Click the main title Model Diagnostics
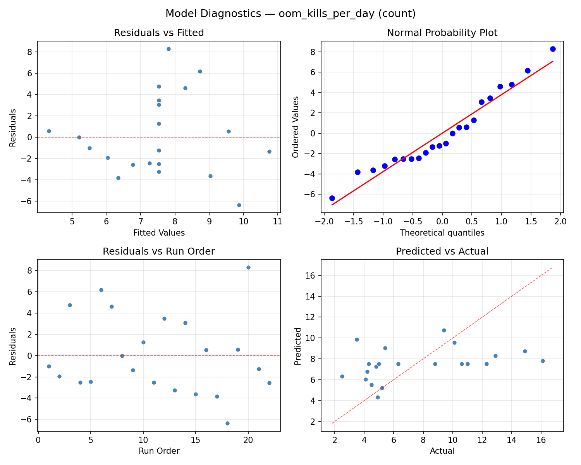point(290,14)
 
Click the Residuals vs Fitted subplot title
point(159,33)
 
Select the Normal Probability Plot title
point(442,33)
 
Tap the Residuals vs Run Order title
point(159,251)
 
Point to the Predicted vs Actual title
point(442,251)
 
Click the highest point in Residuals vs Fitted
point(168,49)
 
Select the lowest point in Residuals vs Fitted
point(239,205)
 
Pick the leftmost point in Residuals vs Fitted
point(49,131)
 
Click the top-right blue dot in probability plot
point(553,49)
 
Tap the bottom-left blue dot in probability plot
point(332,198)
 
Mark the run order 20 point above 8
point(248,267)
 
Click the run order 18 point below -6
point(227,423)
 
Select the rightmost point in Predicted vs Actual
point(543,361)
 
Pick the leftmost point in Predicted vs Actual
point(342,376)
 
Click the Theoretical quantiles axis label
point(442,233)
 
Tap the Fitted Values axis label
point(159,233)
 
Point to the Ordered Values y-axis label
point(296,127)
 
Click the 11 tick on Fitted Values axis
point(277,222)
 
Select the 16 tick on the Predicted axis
point(312,276)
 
